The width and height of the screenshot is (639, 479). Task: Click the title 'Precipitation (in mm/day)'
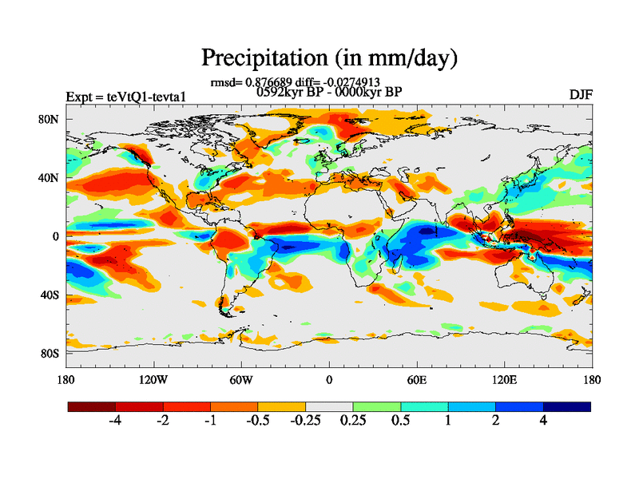328,57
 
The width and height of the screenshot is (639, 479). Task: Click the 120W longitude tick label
153,379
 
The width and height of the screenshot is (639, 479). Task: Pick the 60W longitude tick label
240,379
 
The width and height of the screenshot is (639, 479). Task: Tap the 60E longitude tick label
416,379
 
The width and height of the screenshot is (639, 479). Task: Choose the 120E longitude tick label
504,379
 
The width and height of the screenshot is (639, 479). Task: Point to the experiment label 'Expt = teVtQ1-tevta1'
127,97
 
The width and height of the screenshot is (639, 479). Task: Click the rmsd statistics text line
295,81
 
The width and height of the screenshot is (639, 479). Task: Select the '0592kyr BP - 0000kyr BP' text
328,92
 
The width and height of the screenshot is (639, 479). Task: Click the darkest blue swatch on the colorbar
566,406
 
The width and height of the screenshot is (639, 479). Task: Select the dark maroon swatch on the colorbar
91,406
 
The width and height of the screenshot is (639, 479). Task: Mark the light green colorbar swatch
376,406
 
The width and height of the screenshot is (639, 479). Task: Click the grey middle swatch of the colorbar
329,406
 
